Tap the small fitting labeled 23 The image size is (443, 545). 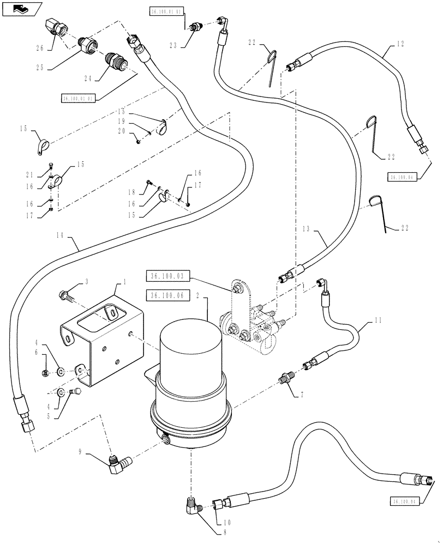[194, 27]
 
